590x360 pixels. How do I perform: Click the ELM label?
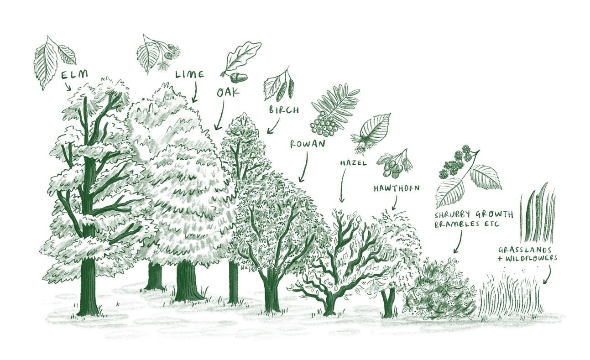74,74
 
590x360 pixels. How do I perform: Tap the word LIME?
190,74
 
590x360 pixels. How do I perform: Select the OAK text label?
228,93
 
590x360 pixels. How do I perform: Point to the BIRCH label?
284,110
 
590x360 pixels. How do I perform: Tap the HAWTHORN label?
397,188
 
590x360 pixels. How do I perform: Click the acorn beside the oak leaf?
239,77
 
